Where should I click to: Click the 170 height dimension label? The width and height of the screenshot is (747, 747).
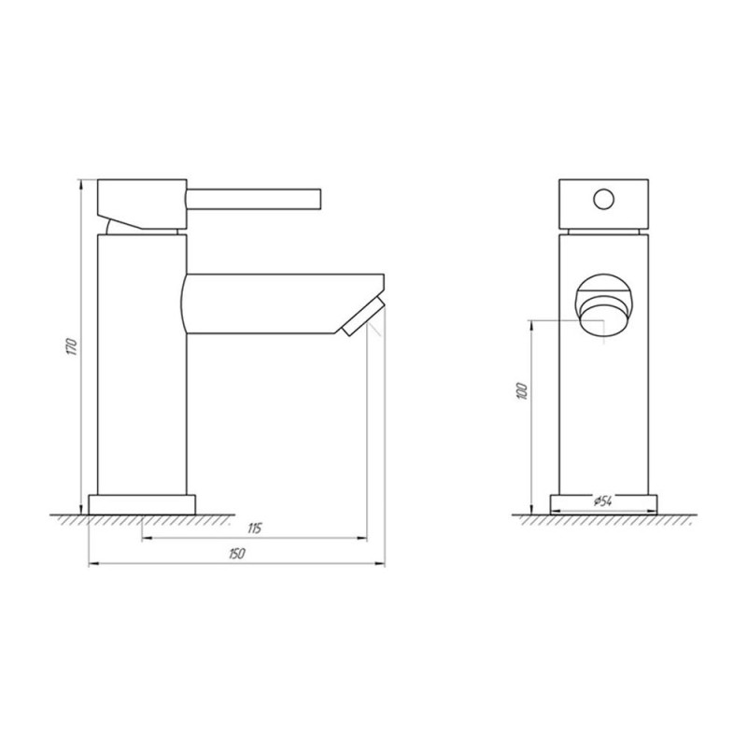(72, 346)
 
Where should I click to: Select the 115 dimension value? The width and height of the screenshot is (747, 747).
(255, 529)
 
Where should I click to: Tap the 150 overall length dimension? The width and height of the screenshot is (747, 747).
(237, 554)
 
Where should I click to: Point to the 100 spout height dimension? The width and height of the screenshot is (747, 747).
(523, 390)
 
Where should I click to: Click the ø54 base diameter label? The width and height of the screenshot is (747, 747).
(602, 500)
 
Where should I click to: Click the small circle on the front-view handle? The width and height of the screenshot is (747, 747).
(604, 199)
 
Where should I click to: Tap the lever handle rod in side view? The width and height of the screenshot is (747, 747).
(254, 199)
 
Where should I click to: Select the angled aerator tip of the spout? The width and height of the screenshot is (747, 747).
(363, 317)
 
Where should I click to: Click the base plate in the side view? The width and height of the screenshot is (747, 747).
(142, 505)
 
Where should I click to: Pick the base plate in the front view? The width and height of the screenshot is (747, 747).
(603, 505)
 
